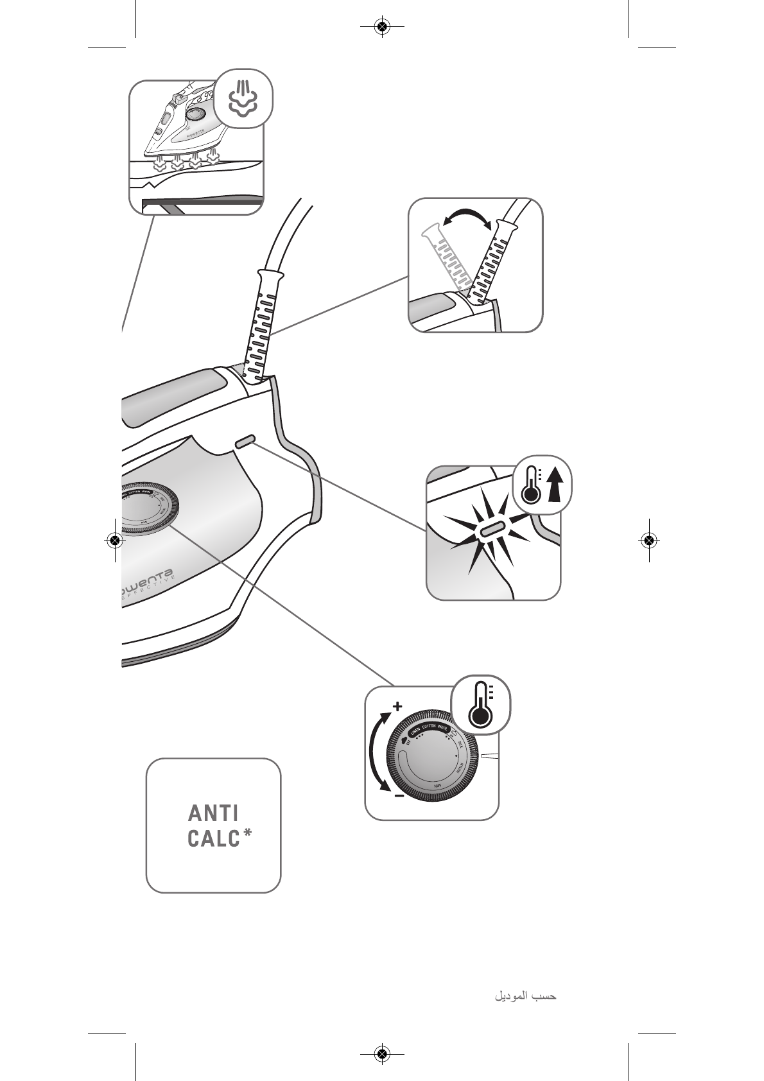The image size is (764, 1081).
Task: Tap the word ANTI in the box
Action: tap(213, 813)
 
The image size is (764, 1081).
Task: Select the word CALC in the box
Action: tap(213, 839)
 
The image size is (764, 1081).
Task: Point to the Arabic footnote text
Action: tap(525, 996)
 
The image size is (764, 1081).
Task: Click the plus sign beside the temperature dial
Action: tap(397, 707)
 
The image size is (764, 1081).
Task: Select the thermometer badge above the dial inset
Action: tap(481, 707)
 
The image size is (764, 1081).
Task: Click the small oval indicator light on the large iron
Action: tap(246, 442)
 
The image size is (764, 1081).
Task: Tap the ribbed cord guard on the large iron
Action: tap(265, 324)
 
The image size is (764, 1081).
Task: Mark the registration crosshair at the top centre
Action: tap(382, 27)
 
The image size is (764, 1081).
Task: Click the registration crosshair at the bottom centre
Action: tap(382, 1053)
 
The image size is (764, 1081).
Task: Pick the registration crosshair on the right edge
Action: tap(649, 540)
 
